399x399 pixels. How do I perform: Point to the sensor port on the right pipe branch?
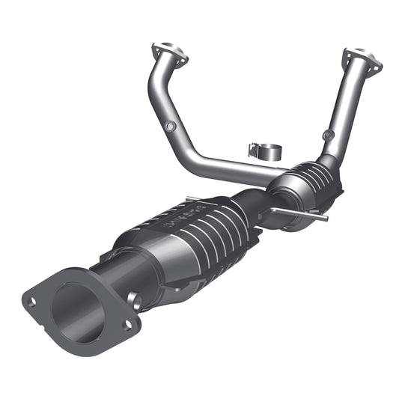(326, 135)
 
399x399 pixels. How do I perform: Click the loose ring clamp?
(262, 148)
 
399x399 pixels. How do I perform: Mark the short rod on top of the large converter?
(196, 199)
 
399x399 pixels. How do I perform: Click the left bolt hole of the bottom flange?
(31, 302)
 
